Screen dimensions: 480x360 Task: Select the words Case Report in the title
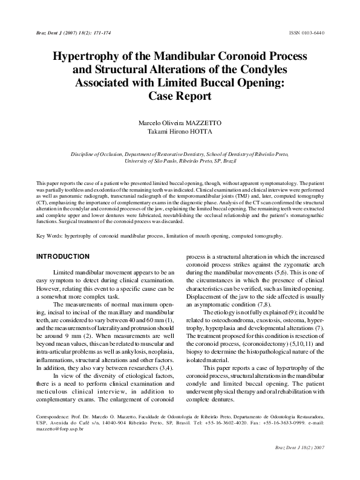point(180,96)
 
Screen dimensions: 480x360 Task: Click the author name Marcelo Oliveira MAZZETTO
point(180,123)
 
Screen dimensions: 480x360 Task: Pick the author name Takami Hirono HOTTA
point(180,132)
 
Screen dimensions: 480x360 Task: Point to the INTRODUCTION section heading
point(64,257)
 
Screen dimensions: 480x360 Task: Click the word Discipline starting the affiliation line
point(85,155)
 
